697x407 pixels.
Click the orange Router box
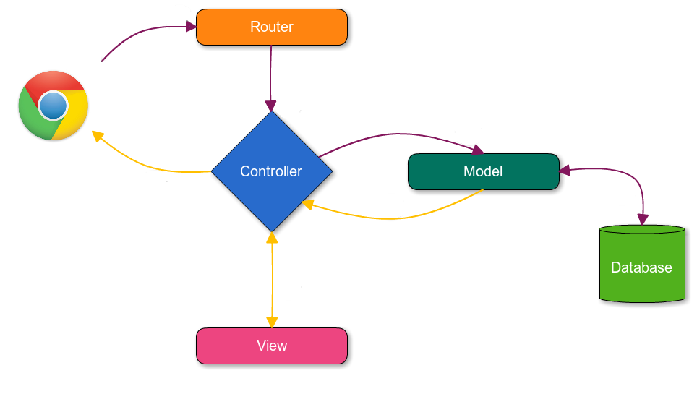click(x=272, y=27)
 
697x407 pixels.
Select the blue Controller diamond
click(x=272, y=171)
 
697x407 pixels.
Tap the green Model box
click(x=483, y=172)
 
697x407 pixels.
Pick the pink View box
click(x=272, y=346)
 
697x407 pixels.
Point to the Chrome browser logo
click(x=54, y=106)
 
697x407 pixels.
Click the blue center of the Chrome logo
click(x=52, y=106)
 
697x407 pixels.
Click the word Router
click(x=272, y=27)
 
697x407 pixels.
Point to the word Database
click(x=641, y=267)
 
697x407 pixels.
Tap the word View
click(x=272, y=346)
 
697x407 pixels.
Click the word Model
click(x=483, y=172)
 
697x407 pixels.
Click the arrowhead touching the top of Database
click(x=642, y=219)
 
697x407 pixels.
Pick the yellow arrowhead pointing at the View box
click(x=272, y=322)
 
